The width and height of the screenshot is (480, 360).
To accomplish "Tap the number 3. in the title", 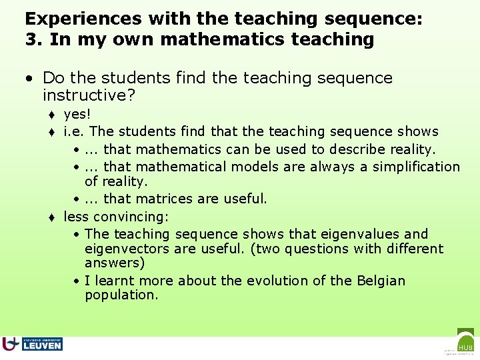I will (x=34, y=39).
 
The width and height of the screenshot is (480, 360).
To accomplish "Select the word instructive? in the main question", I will (x=89, y=95).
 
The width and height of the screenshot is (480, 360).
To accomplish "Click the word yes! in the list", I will (x=78, y=114).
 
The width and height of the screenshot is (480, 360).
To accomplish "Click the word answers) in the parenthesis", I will (x=115, y=263).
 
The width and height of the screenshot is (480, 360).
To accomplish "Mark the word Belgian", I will (x=375, y=281).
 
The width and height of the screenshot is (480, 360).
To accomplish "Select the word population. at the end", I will (x=121, y=295).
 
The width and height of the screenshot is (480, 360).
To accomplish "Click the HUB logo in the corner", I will (x=465, y=342).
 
